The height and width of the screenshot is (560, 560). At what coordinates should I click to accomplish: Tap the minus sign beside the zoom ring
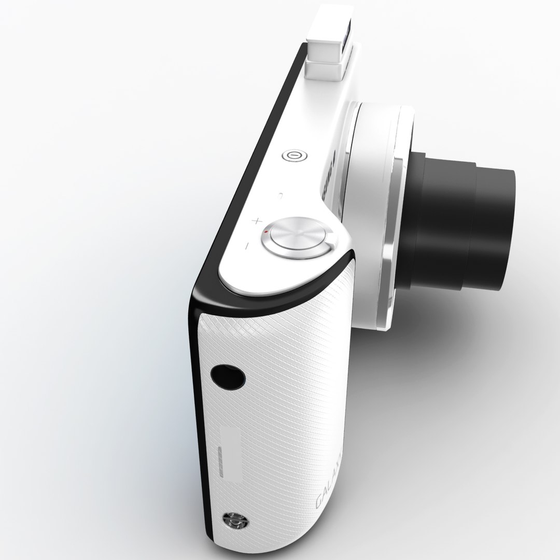(x=248, y=244)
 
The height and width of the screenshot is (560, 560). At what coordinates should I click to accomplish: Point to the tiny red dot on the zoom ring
(x=266, y=232)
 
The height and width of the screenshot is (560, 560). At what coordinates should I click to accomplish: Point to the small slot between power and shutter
(x=281, y=196)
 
